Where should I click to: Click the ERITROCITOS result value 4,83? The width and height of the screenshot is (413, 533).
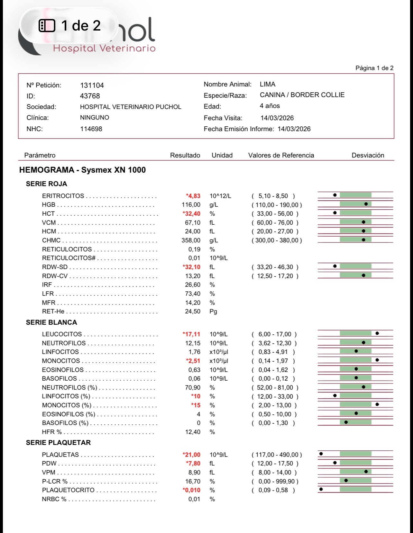pyautogui.click(x=193, y=196)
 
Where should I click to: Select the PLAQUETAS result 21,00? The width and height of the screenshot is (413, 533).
pyautogui.click(x=192, y=455)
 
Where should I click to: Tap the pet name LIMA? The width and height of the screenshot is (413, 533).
pyautogui.click(x=267, y=84)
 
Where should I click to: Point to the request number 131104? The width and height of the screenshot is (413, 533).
pyautogui.click(x=92, y=85)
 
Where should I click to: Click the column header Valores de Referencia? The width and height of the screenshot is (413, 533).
pyautogui.click(x=281, y=155)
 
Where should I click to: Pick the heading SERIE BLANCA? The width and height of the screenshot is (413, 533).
pyautogui.click(x=51, y=322)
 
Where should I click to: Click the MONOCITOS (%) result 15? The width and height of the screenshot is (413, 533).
pyautogui.click(x=196, y=405)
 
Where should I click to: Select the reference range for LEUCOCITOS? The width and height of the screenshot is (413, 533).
pyautogui.click(x=274, y=334)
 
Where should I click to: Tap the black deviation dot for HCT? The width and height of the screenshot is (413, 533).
pyautogui.click(x=335, y=213)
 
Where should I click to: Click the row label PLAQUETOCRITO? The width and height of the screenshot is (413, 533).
pyautogui.click(x=68, y=490)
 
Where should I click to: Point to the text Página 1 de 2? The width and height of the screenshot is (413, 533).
pyautogui.click(x=374, y=68)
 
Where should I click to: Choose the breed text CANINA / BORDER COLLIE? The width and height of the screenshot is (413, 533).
pyautogui.click(x=302, y=95)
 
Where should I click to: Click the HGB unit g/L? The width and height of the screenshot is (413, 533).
pyautogui.click(x=214, y=205)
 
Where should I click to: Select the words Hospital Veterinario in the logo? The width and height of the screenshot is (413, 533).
pyautogui.click(x=104, y=48)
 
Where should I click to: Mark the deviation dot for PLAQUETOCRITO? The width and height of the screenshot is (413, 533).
pyautogui.click(x=321, y=489)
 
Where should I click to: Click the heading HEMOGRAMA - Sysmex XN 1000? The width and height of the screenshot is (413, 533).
pyautogui.click(x=82, y=170)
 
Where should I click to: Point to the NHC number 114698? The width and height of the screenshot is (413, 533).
pyautogui.click(x=91, y=129)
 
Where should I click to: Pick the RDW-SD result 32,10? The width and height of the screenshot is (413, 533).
pyautogui.click(x=192, y=267)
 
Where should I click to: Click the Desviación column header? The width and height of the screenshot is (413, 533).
pyautogui.click(x=368, y=155)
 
